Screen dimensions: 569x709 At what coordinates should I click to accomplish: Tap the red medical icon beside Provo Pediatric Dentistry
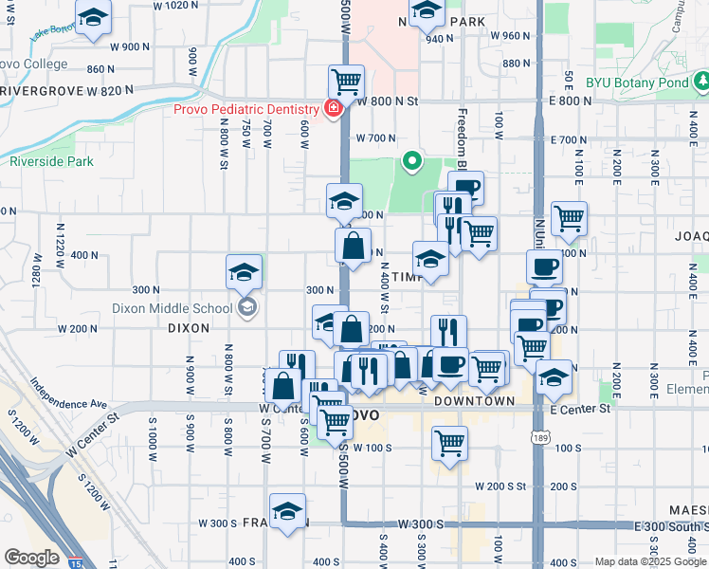[x=332, y=108]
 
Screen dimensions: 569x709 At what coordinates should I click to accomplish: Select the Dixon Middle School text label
[x=172, y=307]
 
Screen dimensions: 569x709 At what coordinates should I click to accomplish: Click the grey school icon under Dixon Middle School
[x=246, y=306]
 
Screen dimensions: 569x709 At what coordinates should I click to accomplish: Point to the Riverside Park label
[x=51, y=161]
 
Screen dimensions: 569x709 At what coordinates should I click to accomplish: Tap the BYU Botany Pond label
[x=636, y=83]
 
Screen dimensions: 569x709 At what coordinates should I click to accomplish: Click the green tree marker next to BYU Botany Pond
[x=700, y=83]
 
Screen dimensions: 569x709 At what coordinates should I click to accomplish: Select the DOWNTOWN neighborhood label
[x=474, y=401]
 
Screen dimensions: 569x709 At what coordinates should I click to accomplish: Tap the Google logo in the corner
[x=30, y=558]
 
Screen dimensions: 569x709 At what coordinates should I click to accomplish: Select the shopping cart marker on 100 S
[x=449, y=442]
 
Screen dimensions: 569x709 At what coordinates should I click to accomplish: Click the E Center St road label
[x=581, y=410]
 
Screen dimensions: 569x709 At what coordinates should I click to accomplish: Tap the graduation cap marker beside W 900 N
[x=93, y=18]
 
